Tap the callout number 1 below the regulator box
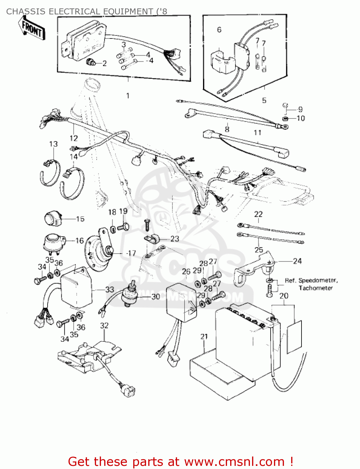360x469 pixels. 128,96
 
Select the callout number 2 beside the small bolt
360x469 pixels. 104,63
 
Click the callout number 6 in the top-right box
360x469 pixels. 219,30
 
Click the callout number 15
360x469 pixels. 80,219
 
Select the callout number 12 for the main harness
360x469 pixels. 74,138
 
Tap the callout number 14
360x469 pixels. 74,157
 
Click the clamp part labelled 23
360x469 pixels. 152,239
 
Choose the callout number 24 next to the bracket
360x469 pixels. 297,261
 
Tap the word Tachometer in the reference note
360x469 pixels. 316,288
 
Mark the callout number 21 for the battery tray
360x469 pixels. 204,336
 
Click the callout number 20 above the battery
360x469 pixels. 284,296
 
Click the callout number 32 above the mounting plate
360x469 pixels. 104,325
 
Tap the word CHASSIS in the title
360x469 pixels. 26,12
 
